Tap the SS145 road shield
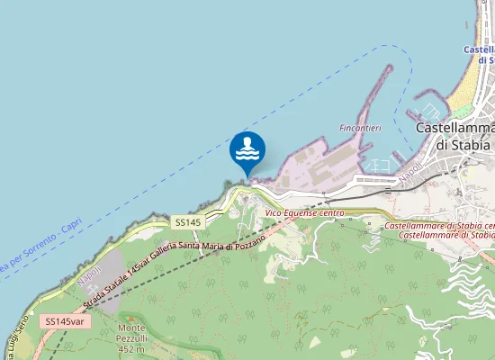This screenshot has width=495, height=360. [x=187, y=221]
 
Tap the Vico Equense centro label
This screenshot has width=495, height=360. [x=305, y=212]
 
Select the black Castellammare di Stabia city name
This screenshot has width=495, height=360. [x=454, y=136]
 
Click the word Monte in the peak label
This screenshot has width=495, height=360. [x=131, y=328]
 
